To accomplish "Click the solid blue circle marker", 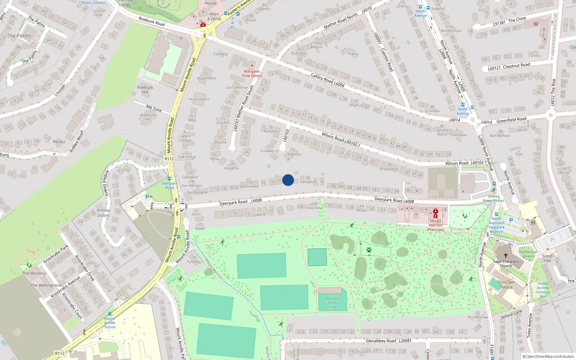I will tap(288, 180).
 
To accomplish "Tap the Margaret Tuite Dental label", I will tap(252, 73).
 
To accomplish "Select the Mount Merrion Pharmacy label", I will tap(436, 225).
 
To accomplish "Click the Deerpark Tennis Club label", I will tap(333, 302).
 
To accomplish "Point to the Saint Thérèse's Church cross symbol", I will tap(506, 255).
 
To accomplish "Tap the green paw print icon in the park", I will tap(369, 249).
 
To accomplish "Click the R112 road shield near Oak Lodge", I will tap(169, 158).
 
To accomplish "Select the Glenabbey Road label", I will tap(381, 341).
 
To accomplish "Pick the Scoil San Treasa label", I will tap(506, 284).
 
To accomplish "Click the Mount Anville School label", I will tap(110, 323).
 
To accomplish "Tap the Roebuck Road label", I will tap(152, 22).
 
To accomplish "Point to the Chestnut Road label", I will tap(516, 66).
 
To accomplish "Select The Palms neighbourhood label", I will tap(19, 36).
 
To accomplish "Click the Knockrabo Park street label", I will tap(56, 254).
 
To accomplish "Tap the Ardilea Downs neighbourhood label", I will tap(103, 213).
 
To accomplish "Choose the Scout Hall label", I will tap(547, 258).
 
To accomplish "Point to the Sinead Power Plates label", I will tap(494, 198).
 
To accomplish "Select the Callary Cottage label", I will tap(185, 138).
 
